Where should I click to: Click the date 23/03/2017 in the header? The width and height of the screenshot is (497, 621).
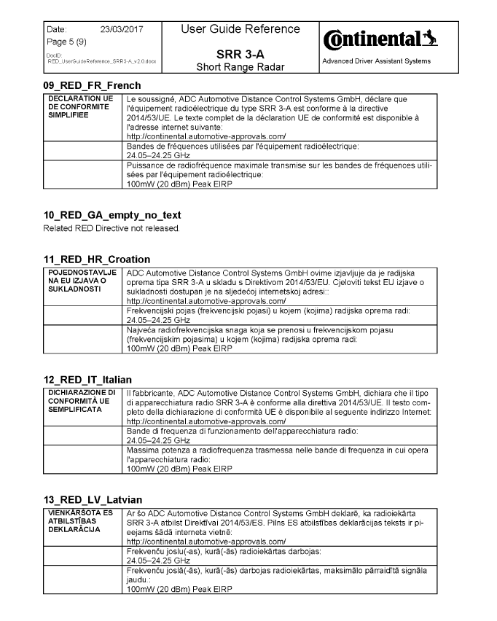coord(120,29)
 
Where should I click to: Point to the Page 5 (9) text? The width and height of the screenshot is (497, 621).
coord(65,42)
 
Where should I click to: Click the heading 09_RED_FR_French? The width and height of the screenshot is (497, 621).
coord(92,85)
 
